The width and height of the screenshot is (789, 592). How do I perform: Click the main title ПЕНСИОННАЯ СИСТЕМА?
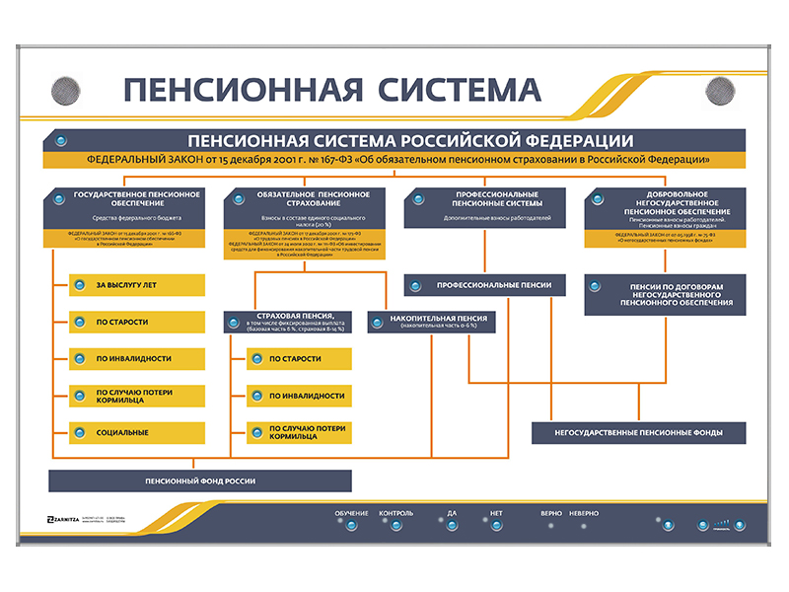tap(332, 90)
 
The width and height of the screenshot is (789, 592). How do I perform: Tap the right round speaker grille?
tap(721, 92)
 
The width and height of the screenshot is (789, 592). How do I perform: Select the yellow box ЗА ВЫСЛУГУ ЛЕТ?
tap(137, 286)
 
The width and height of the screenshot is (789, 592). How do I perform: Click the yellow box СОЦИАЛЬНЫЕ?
tap(137, 432)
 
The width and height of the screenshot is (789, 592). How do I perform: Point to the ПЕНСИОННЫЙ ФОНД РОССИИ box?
tap(200, 481)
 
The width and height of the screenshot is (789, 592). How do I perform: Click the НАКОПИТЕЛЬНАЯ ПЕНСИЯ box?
tap(430, 322)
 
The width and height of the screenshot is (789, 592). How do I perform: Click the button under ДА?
tap(452, 525)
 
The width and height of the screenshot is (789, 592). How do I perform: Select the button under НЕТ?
tap(496, 525)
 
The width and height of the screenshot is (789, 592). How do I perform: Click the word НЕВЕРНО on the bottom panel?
tap(583, 514)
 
